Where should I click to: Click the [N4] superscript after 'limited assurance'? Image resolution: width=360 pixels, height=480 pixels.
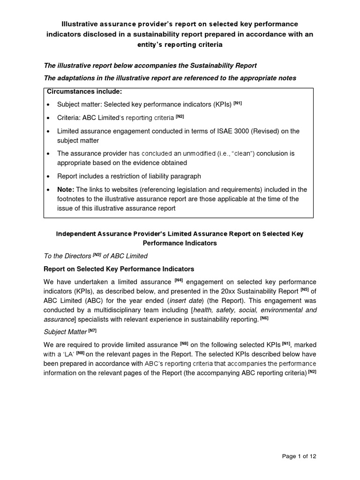179,280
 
